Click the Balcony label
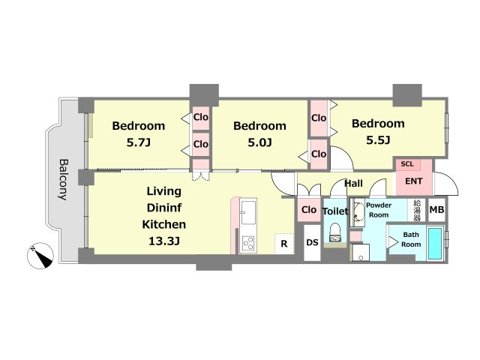(64, 179)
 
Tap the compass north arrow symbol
(40, 256)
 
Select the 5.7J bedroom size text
(138, 142)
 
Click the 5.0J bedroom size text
(259, 142)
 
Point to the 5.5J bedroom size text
(378, 140)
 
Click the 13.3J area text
(163, 241)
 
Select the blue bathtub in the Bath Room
(435, 244)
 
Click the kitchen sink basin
(248, 212)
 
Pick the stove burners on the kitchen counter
(248, 243)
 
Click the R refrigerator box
(284, 244)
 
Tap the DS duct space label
(312, 242)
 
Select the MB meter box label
(436, 210)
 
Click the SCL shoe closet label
(407, 164)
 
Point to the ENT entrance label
(413, 181)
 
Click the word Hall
(353, 184)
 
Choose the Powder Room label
(379, 210)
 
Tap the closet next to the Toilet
(309, 210)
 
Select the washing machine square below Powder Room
(360, 252)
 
